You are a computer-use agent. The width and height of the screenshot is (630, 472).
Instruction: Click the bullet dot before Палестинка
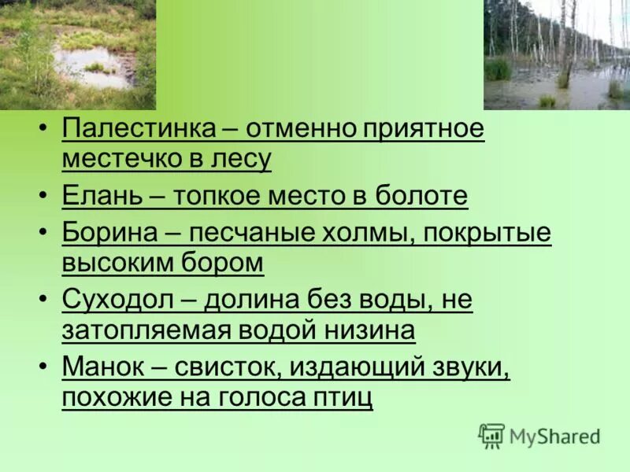click(44, 129)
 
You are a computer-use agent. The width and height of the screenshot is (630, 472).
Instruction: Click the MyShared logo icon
click(491, 435)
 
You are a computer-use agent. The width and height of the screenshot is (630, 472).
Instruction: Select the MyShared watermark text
click(555, 437)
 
